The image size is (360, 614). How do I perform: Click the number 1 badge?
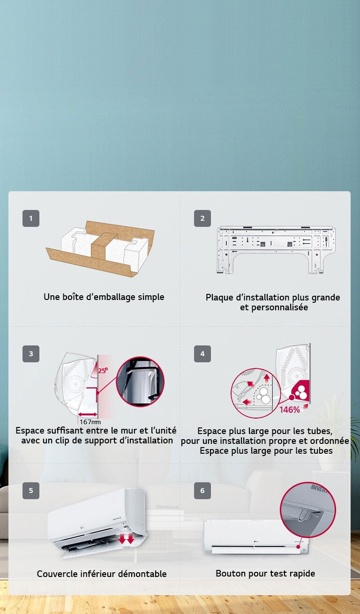point(31,218)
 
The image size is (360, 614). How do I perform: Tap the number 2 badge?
point(202,218)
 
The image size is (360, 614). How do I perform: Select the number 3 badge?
point(31,354)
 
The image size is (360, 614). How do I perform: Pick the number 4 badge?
point(202,354)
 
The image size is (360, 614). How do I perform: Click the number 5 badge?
point(31,491)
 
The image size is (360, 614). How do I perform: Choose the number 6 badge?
point(202,491)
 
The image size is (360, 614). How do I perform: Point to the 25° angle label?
point(103,370)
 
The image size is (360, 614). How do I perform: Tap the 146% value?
point(290,410)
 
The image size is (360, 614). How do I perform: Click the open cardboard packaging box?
point(100,248)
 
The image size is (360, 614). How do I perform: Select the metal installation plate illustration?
point(276,248)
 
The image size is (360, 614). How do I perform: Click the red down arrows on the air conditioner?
point(126,539)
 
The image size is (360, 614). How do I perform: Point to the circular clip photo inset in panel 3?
point(140,382)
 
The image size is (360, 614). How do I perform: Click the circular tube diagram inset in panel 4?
point(255,393)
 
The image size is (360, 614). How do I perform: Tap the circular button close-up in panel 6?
point(307,509)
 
